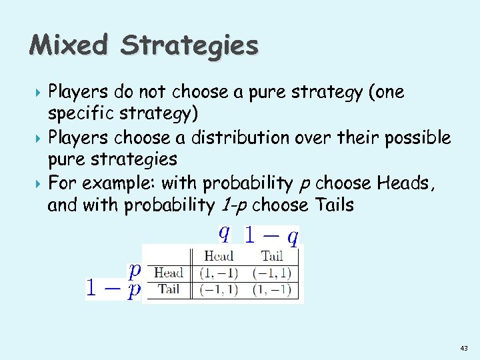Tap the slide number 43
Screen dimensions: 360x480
pos(464,349)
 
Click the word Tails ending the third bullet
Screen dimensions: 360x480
pos(331,205)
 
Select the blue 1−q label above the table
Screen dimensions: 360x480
pos(271,234)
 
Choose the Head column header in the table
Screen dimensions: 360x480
pos(218,256)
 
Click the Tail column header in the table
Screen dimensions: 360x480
pos(272,256)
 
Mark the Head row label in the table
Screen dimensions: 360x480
pos(169,273)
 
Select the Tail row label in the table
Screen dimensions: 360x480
pos(169,289)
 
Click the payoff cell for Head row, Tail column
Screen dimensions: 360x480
pos(272,273)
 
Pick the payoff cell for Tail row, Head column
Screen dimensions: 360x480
pos(218,289)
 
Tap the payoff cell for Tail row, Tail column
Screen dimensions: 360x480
pos(272,289)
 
